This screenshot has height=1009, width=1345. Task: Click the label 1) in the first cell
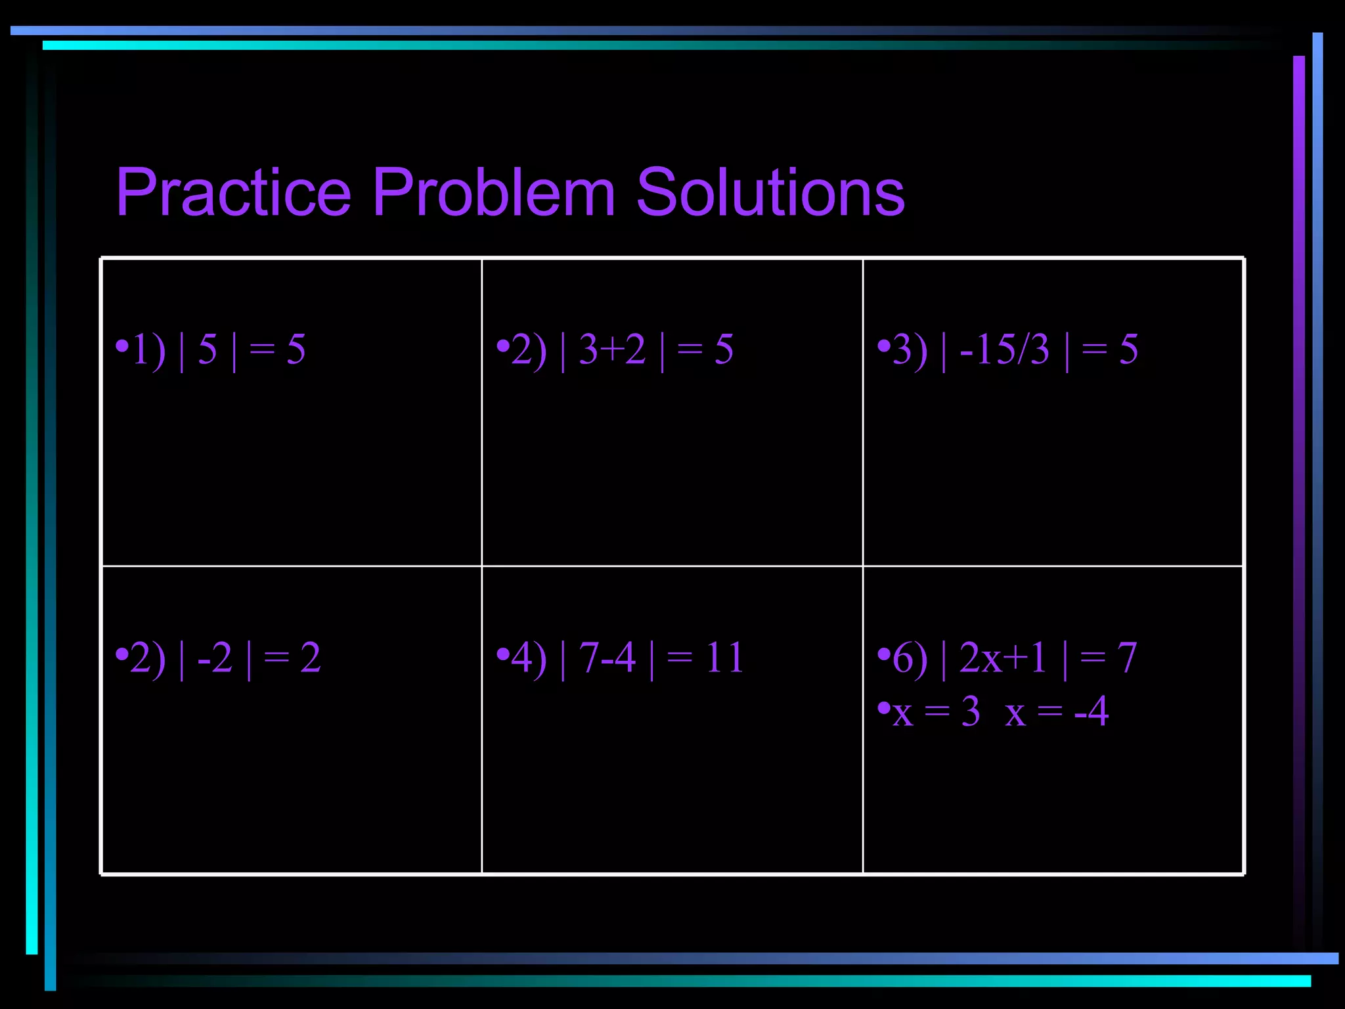[148, 349]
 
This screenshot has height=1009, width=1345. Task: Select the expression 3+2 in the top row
[612, 349]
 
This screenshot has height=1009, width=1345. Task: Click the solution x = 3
[937, 711]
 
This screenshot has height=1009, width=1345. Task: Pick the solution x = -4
[1057, 711]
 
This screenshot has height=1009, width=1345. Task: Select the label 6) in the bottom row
[910, 658]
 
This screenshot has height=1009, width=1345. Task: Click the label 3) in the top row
[910, 351]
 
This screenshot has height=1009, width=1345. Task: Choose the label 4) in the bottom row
[529, 658]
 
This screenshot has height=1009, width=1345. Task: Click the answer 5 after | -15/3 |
[1128, 349]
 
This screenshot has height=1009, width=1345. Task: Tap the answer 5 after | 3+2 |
[724, 349]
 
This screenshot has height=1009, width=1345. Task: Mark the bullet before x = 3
[884, 707]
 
